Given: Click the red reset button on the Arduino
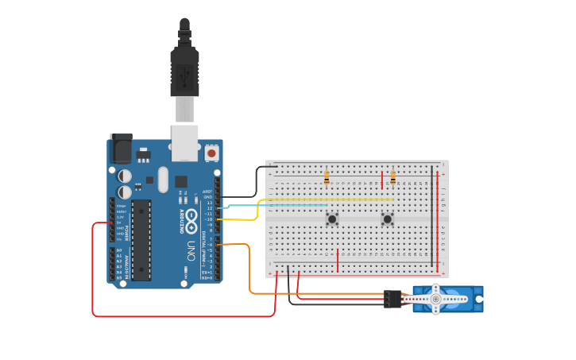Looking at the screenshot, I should pyautogui.click(x=211, y=152).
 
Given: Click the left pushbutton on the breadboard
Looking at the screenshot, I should pyautogui.click(x=332, y=219).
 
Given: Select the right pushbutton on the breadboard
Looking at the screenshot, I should pyautogui.click(x=388, y=219).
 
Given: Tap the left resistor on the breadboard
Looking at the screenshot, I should pyautogui.click(x=327, y=177).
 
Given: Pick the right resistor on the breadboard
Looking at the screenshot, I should pyautogui.click(x=392, y=177).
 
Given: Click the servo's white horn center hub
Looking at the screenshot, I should pyautogui.click(x=435, y=299).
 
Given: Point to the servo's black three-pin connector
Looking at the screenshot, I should pyautogui.click(x=392, y=299).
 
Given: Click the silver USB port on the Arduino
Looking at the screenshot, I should pyautogui.click(x=184, y=140).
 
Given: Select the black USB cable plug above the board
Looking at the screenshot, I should pyautogui.click(x=184, y=72).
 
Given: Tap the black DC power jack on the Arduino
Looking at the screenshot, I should pyautogui.click(x=120, y=149).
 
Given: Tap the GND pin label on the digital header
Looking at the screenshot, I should pyautogui.click(x=207, y=197).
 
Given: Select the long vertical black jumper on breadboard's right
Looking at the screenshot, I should pyautogui.click(x=432, y=215).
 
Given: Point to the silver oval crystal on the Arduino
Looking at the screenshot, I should pyautogui.click(x=164, y=179).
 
